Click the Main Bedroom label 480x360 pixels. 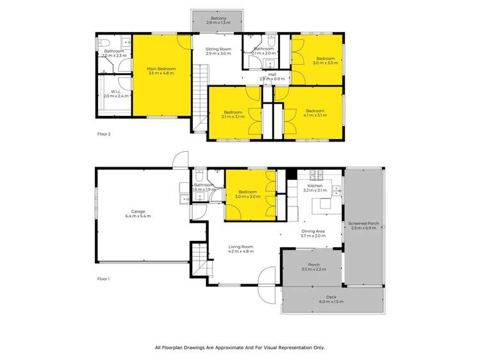tap(161, 69)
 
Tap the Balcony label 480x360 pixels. tap(217, 19)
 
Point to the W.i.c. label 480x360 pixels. tap(115, 92)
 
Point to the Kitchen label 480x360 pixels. tap(314, 186)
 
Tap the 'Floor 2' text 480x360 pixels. tap(103, 135)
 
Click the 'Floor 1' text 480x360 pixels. tap(103, 279)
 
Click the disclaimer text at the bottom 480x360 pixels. tap(240, 347)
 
